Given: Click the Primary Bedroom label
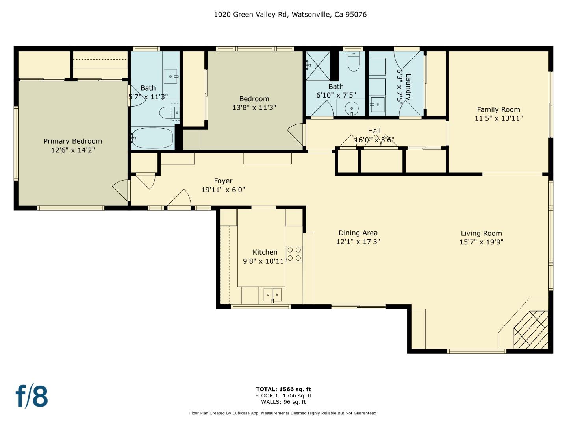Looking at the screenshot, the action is [x=72, y=141].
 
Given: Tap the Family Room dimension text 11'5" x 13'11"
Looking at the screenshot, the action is [x=498, y=118].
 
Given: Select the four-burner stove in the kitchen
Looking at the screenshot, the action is [x=294, y=254].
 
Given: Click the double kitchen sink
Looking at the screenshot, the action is [x=272, y=295].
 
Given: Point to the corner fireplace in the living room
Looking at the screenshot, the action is [x=531, y=330].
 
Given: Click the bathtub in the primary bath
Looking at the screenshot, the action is [x=152, y=138].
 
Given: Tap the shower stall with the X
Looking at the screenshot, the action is [x=318, y=66].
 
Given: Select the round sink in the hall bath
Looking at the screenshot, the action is [x=352, y=108].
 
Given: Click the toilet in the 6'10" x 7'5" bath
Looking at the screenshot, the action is [x=354, y=61].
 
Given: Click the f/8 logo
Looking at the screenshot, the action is [x=32, y=397].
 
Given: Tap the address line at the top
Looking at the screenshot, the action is [x=290, y=15].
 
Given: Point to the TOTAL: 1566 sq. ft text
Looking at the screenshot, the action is [x=283, y=389].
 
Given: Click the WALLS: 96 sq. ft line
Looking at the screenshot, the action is [x=283, y=402].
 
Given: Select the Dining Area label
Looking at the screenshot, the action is [x=358, y=233].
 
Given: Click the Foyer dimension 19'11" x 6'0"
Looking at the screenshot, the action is [x=223, y=190].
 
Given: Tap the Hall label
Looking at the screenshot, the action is [x=374, y=131].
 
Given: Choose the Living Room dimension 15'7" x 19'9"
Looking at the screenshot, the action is [x=482, y=242].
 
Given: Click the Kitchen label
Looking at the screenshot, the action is [x=265, y=252].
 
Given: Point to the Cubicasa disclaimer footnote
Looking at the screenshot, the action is [x=283, y=413].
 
